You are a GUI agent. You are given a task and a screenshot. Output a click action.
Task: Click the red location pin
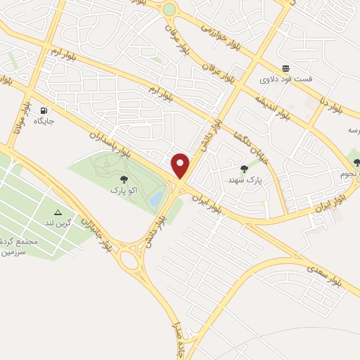[x=181, y=165]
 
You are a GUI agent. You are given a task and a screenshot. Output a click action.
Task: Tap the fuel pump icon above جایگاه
[x=44, y=110]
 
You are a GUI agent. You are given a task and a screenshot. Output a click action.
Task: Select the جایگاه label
[x=44, y=120]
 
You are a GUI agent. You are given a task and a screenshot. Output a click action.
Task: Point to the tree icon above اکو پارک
[x=124, y=179]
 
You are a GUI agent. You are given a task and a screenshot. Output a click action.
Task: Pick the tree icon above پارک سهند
[x=244, y=169]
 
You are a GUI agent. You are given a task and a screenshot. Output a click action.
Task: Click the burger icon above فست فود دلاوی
[x=285, y=68]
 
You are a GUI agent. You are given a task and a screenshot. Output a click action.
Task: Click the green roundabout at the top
[x=169, y=10]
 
